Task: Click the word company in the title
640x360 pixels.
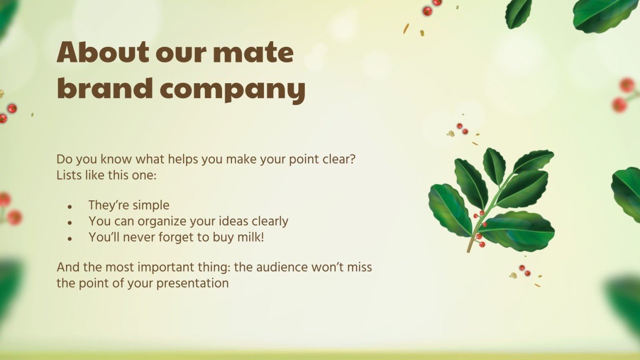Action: [x=233, y=90]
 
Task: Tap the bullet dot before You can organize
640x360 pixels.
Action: [x=70, y=223]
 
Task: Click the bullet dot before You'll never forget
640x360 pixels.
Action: [x=70, y=238]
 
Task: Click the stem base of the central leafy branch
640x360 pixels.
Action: [x=469, y=250]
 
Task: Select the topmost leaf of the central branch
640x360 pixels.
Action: [x=494, y=165]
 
